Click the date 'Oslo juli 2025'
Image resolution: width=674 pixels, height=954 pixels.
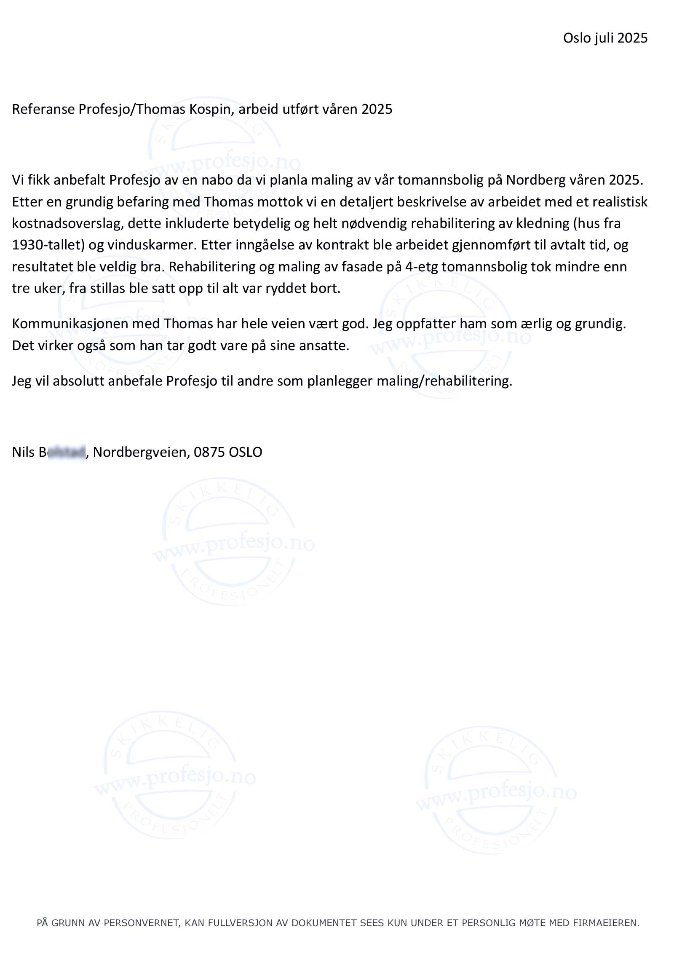605,38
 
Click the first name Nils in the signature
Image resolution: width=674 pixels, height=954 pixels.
23,452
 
